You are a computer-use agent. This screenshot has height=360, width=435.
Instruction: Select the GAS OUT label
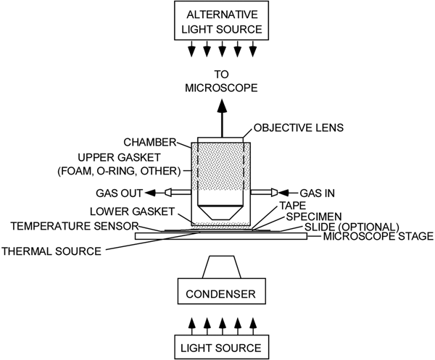click(x=120, y=193)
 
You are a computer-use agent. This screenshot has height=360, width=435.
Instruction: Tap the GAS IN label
click(x=318, y=193)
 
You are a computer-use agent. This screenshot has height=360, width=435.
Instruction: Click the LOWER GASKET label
click(x=138, y=211)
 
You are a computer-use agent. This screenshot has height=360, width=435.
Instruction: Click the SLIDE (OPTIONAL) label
click(x=340, y=226)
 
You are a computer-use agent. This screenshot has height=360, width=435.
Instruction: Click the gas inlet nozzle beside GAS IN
click(x=266, y=193)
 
